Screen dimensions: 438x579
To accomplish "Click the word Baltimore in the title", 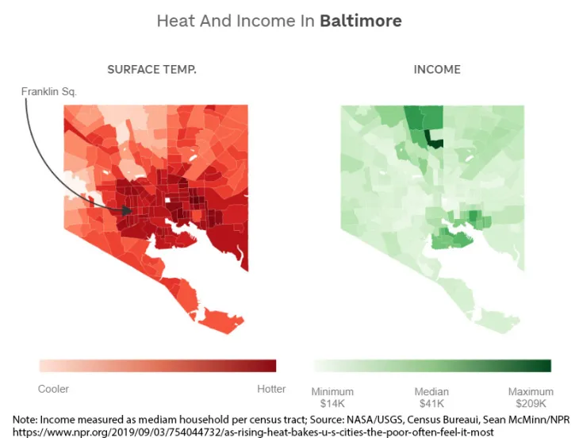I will [360, 21].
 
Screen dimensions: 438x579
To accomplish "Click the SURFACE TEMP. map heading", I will [152, 70].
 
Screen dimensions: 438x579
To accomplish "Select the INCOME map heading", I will [437, 70].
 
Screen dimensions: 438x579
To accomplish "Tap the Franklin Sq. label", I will [49, 92].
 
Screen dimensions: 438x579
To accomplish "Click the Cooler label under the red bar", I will [54, 389].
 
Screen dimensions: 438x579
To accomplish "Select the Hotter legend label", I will [271, 389].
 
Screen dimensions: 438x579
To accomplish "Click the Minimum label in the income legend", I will [332, 392].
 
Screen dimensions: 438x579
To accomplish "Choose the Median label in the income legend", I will [431, 392].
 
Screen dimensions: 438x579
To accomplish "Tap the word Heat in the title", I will [175, 21].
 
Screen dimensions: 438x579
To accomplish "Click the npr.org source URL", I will [254, 431].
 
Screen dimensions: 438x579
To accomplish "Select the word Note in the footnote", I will [25, 418].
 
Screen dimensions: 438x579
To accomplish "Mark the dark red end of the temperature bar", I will [270, 366].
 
